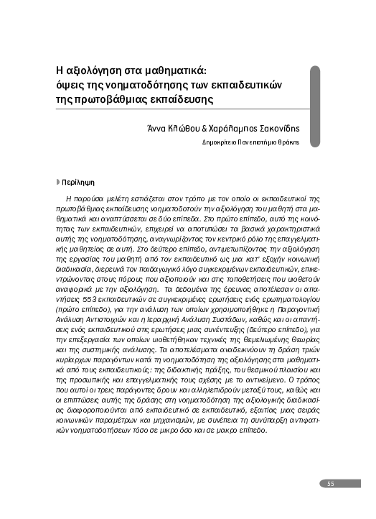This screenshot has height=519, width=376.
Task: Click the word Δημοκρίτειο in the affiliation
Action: (x=220, y=142)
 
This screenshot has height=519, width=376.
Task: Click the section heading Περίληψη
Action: (x=76, y=183)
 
